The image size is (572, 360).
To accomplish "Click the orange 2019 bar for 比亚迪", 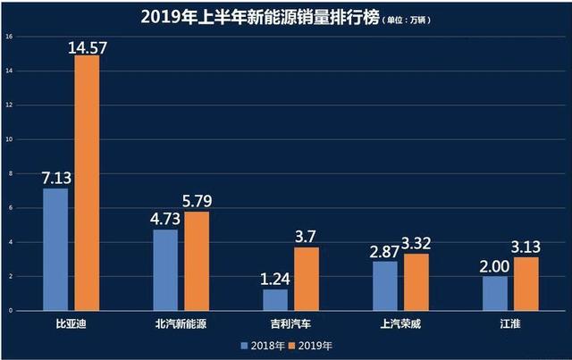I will pyautogui.click(x=88, y=183).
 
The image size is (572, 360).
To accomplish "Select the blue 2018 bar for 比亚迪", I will pyautogui.click(x=55, y=249).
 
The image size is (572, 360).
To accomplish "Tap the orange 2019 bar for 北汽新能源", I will pyautogui.click(x=197, y=261).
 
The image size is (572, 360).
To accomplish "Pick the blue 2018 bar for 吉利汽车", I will pyautogui.click(x=276, y=299).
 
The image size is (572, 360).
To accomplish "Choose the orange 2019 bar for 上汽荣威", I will pyautogui.click(x=416, y=282).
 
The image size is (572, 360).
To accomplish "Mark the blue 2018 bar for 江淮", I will pyautogui.click(x=495, y=293).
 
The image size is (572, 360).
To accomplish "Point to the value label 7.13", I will pyautogui.click(x=55, y=177).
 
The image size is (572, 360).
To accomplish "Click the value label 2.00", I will pyautogui.click(x=494, y=264).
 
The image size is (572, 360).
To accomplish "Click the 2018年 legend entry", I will pyautogui.click(x=262, y=343).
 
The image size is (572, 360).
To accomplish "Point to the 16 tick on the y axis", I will pyautogui.click(x=8, y=37).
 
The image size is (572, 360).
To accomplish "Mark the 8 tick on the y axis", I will pyautogui.click(x=9, y=173).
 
